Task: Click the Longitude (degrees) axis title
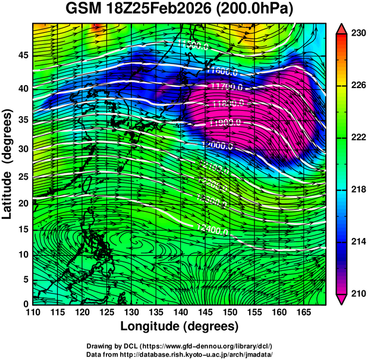coord(180,326)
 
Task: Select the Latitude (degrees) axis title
coord(8,164)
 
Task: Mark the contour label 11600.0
coord(222,72)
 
